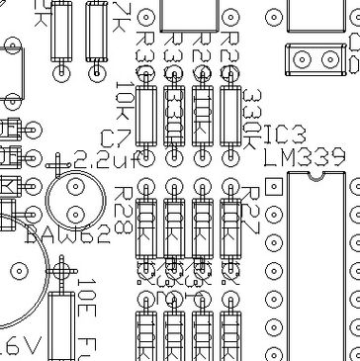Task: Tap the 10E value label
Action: [x=87, y=296]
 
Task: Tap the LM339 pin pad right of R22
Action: [x=273, y=211]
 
